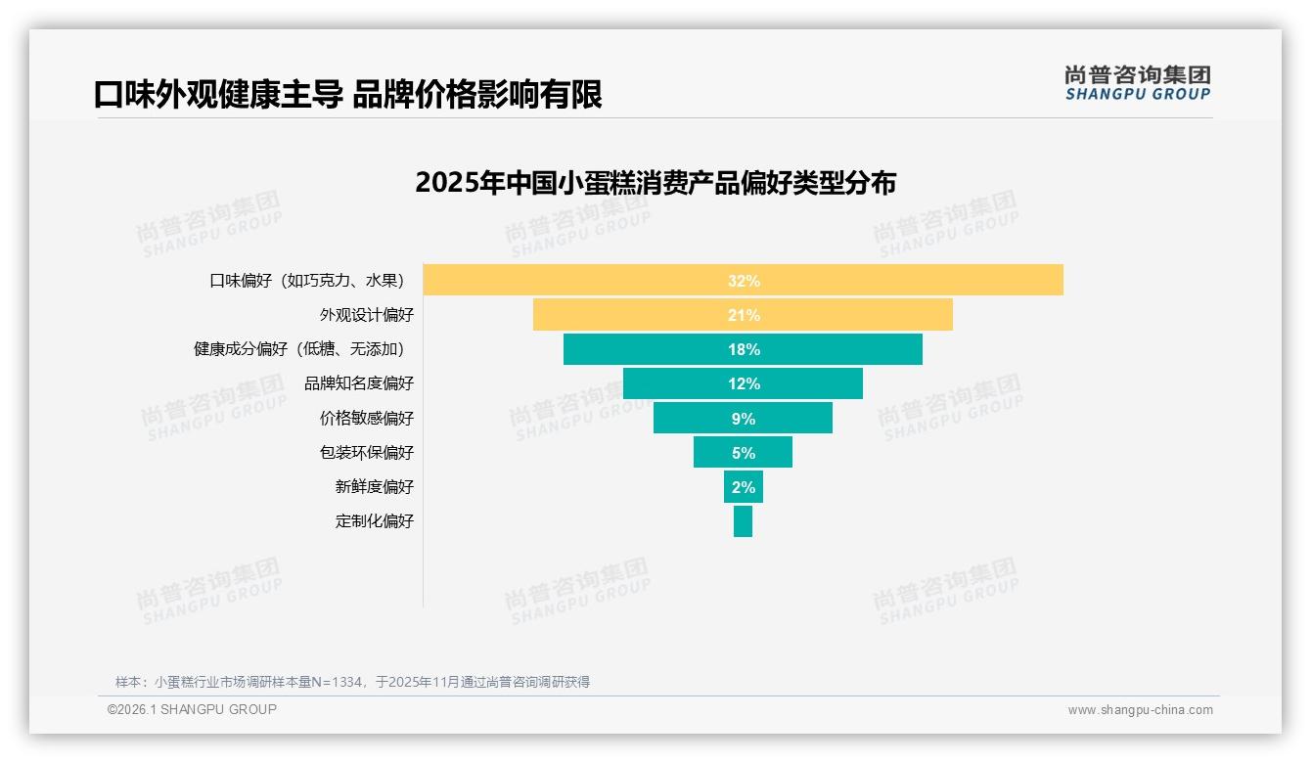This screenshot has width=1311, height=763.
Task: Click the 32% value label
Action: pos(744,281)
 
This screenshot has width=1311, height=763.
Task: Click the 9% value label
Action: pos(744,419)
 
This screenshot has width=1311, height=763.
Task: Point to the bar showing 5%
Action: pos(714,453)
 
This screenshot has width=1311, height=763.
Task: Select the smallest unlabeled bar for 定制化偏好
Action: pos(743,521)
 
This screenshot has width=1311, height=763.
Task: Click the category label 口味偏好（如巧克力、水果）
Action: pos(307,281)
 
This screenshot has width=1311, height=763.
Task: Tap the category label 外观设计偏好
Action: pos(367,315)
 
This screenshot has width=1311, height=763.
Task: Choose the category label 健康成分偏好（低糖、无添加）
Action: pos(299,349)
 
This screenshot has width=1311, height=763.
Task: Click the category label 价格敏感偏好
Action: pos(367,419)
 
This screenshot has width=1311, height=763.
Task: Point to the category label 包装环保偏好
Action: pos(367,453)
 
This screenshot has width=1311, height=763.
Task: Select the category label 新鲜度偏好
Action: pos(375,487)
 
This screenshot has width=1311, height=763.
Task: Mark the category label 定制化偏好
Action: pos(375,521)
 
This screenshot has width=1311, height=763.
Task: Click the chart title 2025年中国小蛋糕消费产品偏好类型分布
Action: pos(655,183)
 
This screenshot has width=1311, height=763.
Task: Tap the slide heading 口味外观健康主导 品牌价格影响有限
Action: pos(348,94)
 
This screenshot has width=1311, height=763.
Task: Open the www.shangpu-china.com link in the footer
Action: pos(1140,710)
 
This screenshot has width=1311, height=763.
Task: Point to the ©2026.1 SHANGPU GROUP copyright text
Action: pos(192,709)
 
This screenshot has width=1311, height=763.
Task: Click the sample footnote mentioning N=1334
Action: pos(352,682)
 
